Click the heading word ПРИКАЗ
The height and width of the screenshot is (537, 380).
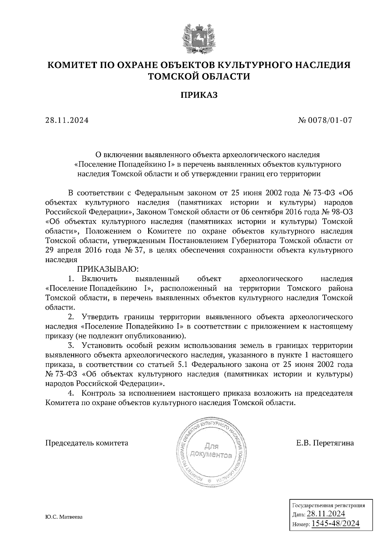199,95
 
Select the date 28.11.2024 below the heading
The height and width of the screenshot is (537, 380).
67,120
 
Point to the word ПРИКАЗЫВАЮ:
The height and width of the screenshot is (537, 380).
106,269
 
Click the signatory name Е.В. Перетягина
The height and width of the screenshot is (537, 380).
325,443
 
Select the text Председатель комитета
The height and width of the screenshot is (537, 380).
87,443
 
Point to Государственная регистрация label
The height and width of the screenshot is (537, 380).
328,505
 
